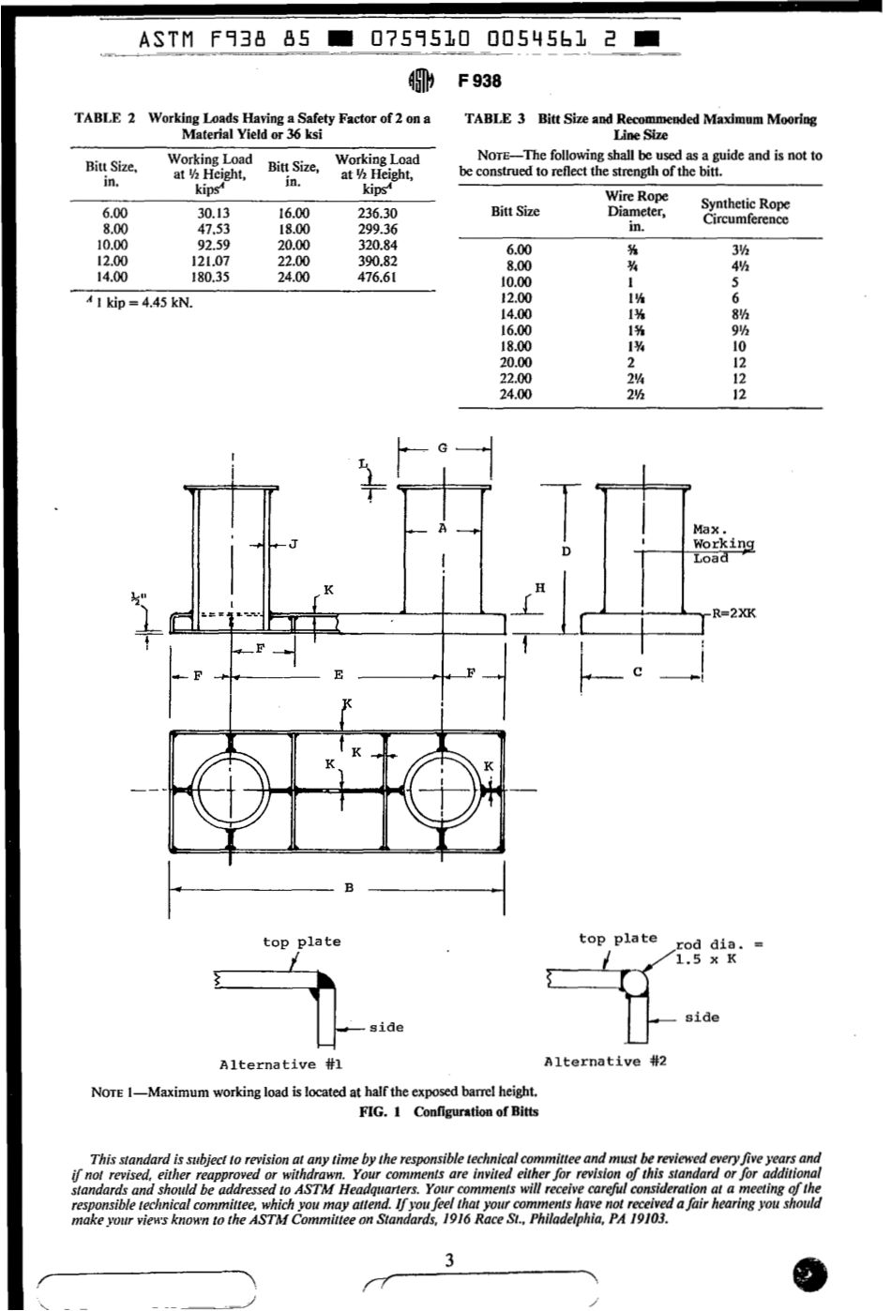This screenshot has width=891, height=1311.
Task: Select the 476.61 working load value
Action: pos(377,278)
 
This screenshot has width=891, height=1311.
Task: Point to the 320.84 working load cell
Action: pos(377,246)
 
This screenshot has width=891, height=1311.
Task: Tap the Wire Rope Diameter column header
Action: pos(636,211)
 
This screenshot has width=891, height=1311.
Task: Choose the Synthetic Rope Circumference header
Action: pos(745,212)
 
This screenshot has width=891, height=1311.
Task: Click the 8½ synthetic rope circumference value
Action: pos(739,314)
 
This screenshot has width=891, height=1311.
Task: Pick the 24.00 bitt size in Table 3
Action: pos(517,395)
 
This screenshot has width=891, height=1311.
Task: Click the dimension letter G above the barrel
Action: pos(443,448)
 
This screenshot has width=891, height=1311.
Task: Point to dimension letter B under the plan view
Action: pos(348,888)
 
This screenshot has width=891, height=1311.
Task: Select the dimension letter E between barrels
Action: pos(338,674)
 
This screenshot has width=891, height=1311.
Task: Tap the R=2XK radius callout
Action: pos(733,613)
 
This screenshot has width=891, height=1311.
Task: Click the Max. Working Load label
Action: pos(722,544)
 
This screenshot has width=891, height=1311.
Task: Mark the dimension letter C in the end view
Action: pos(638,671)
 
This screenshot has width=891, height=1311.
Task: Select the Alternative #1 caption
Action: pos(280,1064)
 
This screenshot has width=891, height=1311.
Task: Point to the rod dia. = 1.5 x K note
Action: pos(717,952)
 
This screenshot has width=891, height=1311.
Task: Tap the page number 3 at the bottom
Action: pos(449,1260)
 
